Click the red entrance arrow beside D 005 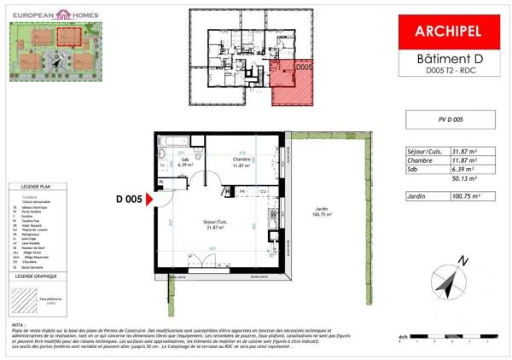[149, 200]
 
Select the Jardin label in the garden [321, 210]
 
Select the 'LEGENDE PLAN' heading [37, 185]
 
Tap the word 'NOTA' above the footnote [18, 325]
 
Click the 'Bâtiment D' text [449, 58]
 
